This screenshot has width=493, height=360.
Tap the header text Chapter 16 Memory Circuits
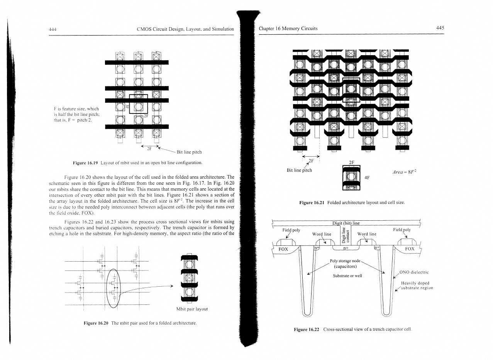(x=288, y=28)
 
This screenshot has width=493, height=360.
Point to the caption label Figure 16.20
(x=96, y=323)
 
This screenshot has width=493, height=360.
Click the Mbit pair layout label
(x=192, y=309)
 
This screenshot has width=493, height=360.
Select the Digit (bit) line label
(x=346, y=223)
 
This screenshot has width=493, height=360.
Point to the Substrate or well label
(x=347, y=275)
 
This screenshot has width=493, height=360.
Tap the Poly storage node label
(x=345, y=264)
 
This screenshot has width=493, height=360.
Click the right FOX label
(x=410, y=249)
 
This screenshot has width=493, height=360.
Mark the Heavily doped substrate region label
(x=417, y=286)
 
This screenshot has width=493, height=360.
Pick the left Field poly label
(x=291, y=230)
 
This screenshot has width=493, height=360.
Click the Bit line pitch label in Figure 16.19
(x=189, y=152)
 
